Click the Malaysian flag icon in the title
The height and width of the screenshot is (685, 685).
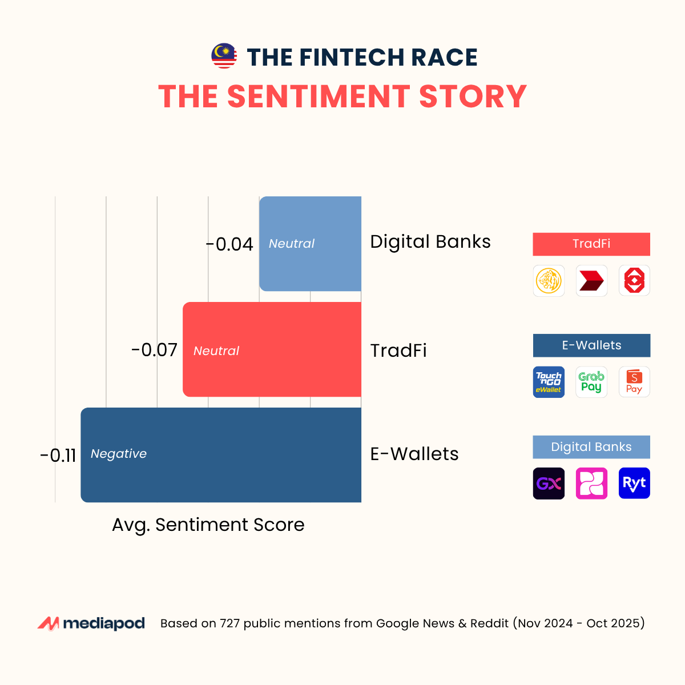point(224,56)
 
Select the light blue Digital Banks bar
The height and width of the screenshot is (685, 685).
point(310,244)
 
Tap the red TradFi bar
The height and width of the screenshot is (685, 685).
point(272,349)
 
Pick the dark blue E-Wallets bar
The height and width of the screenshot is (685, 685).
point(221,455)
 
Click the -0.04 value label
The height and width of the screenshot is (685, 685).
point(229,244)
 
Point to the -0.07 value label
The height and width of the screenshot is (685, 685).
point(154,350)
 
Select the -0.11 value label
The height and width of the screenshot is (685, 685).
point(58,456)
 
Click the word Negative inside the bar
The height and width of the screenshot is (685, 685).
point(119,454)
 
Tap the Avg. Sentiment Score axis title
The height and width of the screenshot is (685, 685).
point(208,525)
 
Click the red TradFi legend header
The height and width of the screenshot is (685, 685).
point(591,244)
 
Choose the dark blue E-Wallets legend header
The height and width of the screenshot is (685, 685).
point(591,345)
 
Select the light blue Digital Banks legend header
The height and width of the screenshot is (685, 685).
point(591,447)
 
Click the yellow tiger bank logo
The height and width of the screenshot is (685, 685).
point(549,281)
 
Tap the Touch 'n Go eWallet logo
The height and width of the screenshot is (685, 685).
point(549,382)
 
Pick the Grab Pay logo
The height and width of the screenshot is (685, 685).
point(591,382)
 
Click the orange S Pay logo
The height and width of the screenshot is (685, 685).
point(634,382)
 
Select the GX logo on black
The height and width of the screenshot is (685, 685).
point(549,483)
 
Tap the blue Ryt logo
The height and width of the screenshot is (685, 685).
point(634,483)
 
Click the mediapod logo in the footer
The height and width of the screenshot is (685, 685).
point(91,623)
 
